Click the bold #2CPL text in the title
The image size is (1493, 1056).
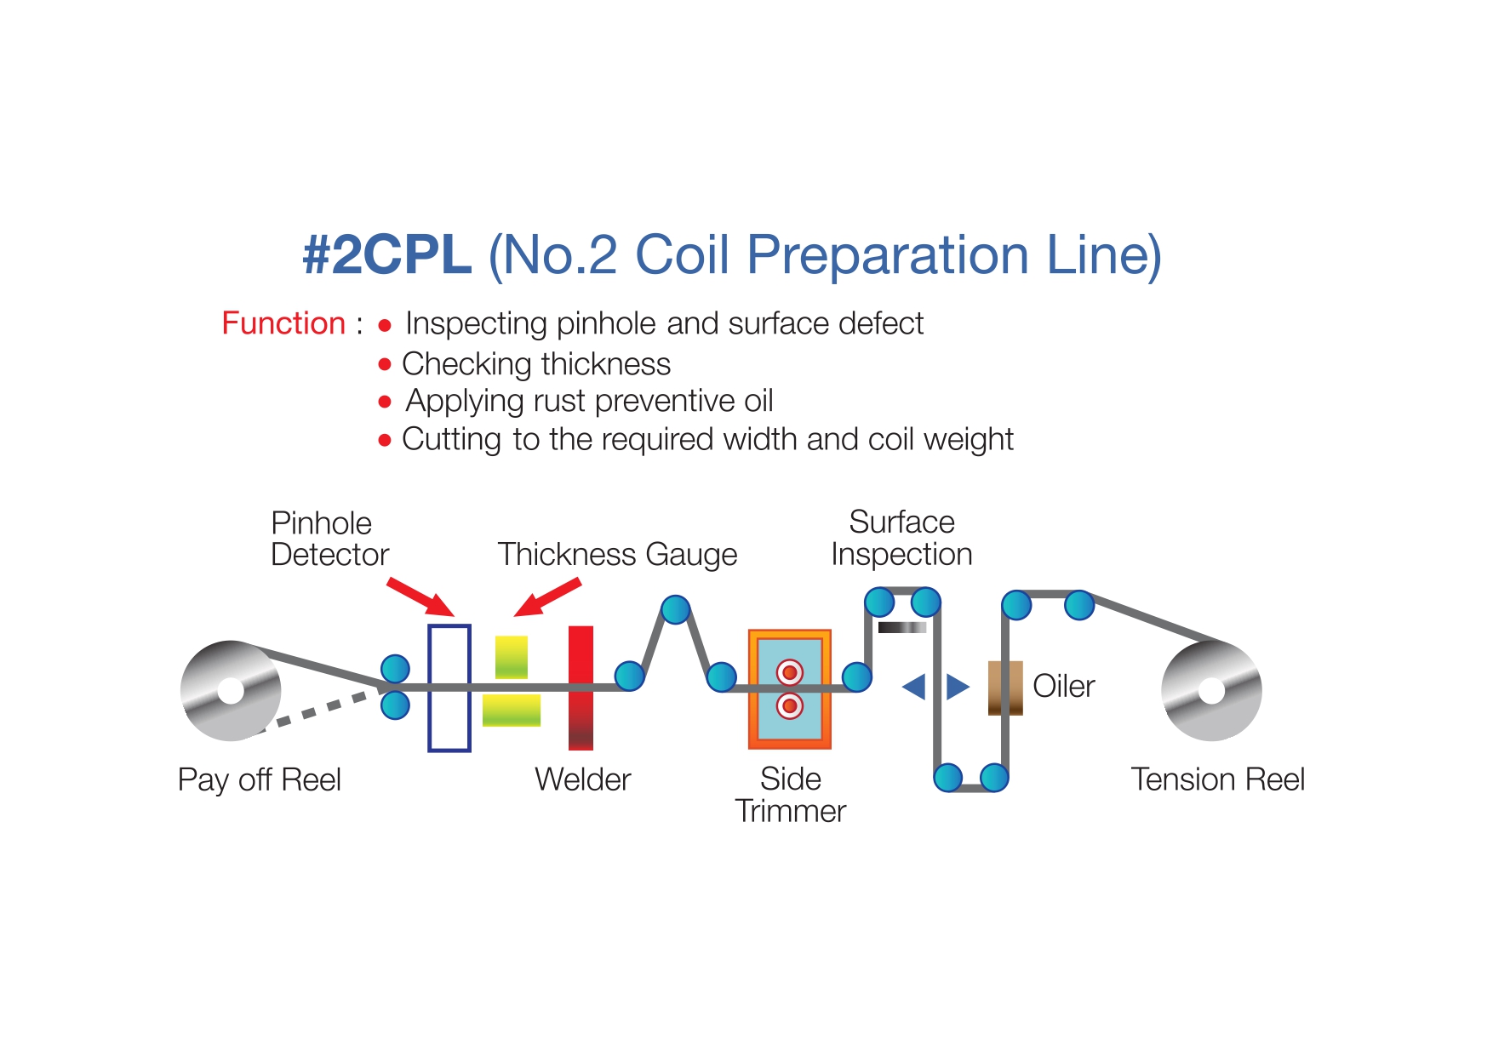387,254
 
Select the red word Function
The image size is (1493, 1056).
283,323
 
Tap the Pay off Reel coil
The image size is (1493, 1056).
231,690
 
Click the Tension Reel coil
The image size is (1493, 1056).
1211,691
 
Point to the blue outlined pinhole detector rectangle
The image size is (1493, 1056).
430,688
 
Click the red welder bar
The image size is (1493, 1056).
581,688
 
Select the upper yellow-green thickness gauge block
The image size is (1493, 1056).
512,657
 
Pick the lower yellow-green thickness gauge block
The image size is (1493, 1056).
512,710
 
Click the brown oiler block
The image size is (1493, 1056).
1005,688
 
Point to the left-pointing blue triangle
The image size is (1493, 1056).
913,686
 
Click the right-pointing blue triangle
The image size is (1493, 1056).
958,686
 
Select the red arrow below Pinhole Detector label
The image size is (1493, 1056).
420,596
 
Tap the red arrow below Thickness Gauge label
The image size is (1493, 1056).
547,596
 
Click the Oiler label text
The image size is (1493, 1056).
1063,686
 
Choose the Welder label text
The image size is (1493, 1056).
583,779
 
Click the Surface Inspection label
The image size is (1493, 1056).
901,538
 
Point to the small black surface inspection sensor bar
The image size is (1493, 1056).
902,627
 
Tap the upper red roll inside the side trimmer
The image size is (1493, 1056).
790,672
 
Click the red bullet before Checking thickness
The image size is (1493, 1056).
385,364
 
